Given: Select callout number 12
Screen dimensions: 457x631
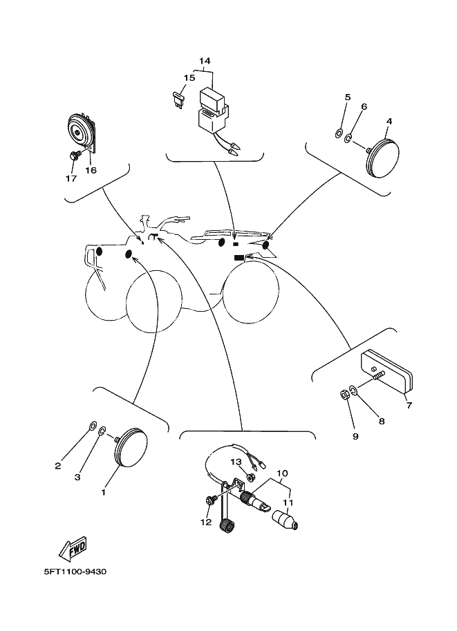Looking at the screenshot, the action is (205, 522).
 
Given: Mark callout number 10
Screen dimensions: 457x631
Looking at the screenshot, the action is (282, 473).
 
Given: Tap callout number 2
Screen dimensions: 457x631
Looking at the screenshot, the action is (58, 466).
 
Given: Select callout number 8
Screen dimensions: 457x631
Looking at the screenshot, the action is (381, 420).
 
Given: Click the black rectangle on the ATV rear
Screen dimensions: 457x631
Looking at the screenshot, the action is (240, 256).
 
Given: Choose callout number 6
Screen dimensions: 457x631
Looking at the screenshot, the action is (364, 106).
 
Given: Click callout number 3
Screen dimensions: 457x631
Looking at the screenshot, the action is (77, 477).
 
